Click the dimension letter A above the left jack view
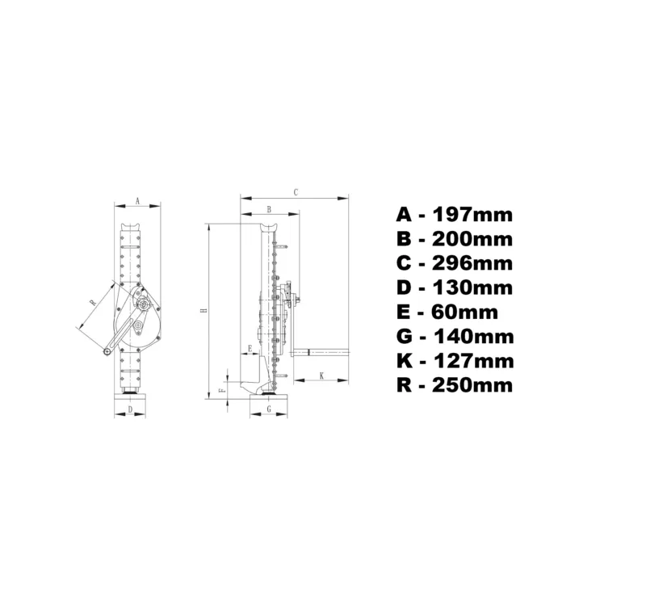[138, 201]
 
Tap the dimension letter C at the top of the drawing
[296, 192]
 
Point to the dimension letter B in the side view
[269, 210]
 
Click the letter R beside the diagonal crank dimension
[93, 302]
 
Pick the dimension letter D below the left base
[130, 409]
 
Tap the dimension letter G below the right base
[269, 409]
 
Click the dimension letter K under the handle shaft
[321, 375]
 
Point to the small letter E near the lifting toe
[250, 349]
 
